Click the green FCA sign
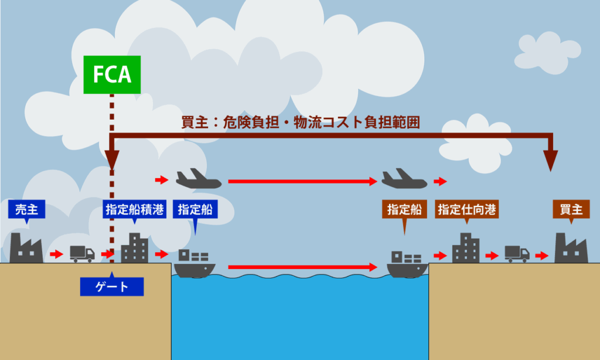point(112,74)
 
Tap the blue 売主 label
point(27,210)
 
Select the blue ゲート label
point(112,286)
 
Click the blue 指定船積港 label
point(134,210)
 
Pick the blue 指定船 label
point(196,210)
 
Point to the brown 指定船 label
point(404,210)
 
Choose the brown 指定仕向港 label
point(467,210)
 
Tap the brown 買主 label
point(571,210)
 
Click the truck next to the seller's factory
point(82,253)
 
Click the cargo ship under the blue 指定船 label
point(195,263)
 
